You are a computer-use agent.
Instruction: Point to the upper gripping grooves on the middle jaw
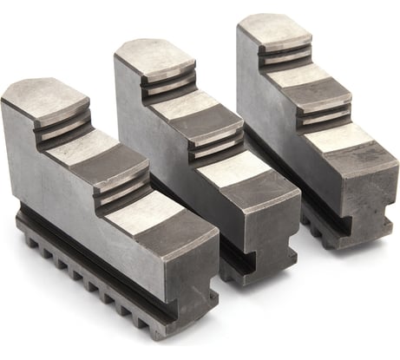(169, 84)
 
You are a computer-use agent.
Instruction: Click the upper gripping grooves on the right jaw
(285, 55)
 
